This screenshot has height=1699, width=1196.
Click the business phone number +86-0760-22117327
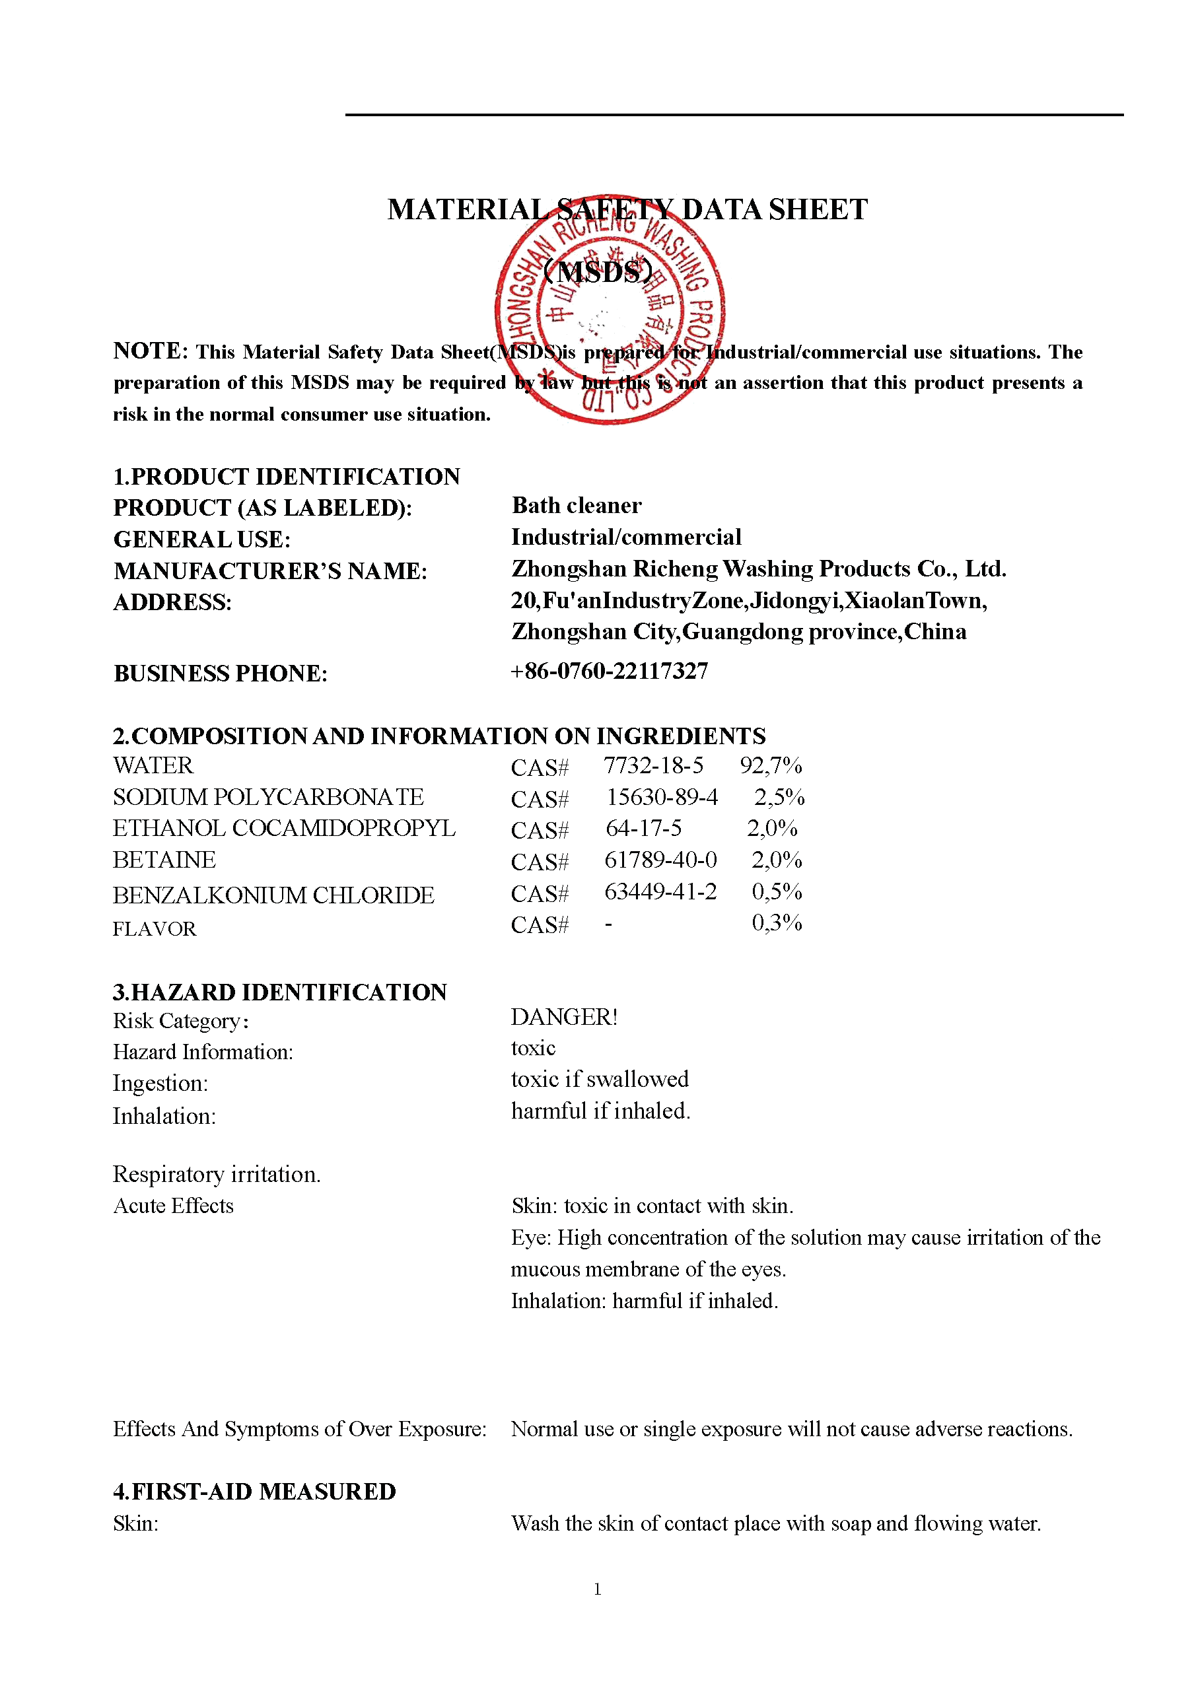pyautogui.click(x=609, y=671)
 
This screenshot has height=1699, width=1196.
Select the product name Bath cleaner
pyautogui.click(x=577, y=505)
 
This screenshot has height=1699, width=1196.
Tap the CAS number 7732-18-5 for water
pyautogui.click(x=652, y=766)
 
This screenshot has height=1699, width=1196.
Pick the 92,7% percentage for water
pyautogui.click(x=771, y=766)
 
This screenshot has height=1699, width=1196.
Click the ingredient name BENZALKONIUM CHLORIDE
pyautogui.click(x=273, y=895)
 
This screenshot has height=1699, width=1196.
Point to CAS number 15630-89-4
pyautogui.click(x=662, y=797)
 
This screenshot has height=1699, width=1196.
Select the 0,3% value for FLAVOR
pyautogui.click(x=777, y=922)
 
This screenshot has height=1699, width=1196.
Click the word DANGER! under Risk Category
pyautogui.click(x=564, y=1018)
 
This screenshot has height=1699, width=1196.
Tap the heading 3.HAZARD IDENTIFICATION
pyautogui.click(x=280, y=992)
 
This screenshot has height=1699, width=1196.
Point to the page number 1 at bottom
pyautogui.click(x=597, y=1589)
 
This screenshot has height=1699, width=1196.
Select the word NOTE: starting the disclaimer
pyautogui.click(x=151, y=351)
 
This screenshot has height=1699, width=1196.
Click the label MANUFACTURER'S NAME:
pyautogui.click(x=270, y=571)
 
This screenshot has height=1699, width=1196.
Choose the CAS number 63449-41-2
pyautogui.click(x=660, y=891)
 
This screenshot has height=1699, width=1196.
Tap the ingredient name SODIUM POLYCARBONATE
pyautogui.click(x=268, y=797)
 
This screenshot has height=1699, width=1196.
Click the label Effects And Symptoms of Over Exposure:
pyautogui.click(x=300, y=1429)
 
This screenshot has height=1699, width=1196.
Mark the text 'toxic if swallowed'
pyautogui.click(x=600, y=1080)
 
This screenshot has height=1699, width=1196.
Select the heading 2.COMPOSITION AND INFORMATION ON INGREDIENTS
pyautogui.click(x=439, y=736)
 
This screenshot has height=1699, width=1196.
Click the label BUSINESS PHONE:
pyautogui.click(x=220, y=674)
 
